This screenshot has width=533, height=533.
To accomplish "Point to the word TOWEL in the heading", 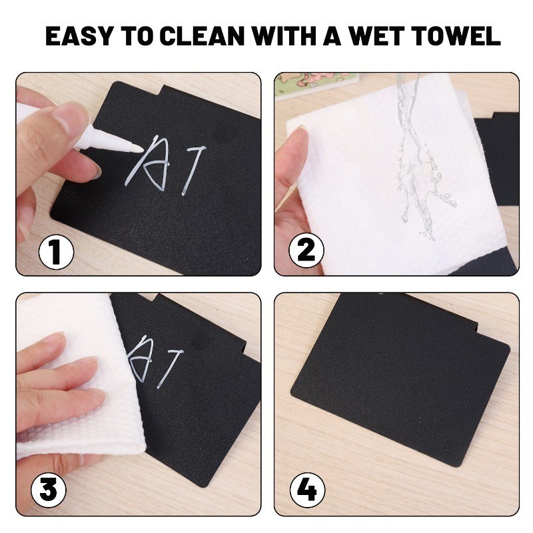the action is point(456,35).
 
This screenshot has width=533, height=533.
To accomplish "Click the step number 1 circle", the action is point(57,253).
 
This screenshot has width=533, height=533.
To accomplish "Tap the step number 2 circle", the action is point(306,251).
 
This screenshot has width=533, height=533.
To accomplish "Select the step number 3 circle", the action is point(49,490).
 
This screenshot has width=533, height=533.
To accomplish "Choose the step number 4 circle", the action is point(307,490).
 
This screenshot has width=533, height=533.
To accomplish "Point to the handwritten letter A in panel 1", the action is point(147,163).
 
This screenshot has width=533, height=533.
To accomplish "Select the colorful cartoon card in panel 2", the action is point(315,85).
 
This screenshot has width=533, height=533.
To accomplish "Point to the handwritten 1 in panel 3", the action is point(170,369).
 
